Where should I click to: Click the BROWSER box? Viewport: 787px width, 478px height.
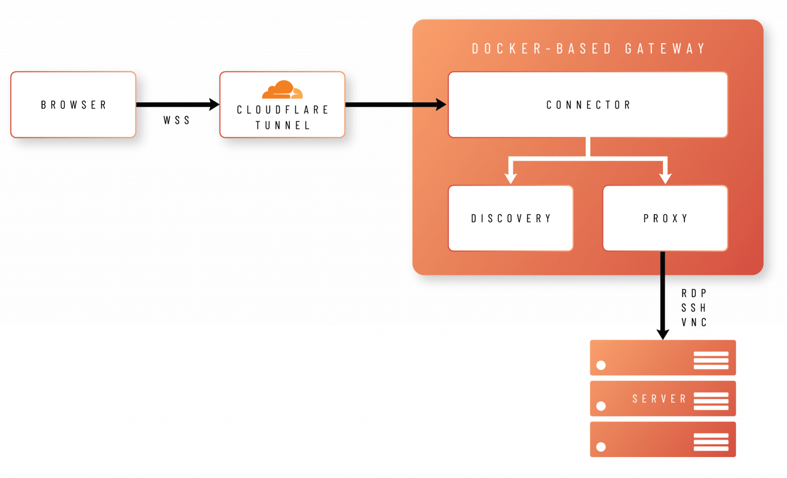(73, 104)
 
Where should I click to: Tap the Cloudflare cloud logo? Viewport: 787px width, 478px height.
(282, 90)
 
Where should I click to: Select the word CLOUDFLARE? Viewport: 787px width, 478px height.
(282, 110)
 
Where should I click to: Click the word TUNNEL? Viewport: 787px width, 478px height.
(282, 125)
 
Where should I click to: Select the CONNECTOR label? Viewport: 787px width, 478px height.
(588, 105)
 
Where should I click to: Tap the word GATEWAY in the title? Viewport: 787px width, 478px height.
(665, 49)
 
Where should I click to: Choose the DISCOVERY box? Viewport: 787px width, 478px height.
(510, 218)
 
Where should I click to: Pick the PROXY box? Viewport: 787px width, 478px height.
(665, 218)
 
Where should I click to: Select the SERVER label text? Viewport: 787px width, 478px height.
(659, 399)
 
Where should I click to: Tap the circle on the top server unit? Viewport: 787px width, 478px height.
(601, 365)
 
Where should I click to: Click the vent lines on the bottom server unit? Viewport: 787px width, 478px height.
(711, 442)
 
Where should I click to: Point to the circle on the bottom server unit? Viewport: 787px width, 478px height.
(601, 447)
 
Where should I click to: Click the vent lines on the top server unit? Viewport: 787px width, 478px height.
(711, 360)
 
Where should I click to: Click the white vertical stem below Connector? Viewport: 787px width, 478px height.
(588, 147)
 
